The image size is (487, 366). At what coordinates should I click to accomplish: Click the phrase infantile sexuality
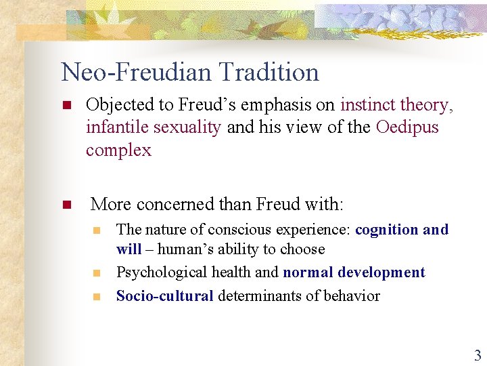click(154, 127)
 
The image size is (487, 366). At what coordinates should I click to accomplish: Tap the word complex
click(119, 150)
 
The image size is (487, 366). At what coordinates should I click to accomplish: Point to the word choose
click(302, 249)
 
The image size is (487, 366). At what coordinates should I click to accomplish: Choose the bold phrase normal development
click(354, 272)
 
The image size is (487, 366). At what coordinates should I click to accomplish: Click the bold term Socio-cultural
click(164, 296)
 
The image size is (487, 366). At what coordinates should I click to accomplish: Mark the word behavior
click(350, 296)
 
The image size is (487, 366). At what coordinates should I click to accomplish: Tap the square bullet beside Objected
click(66, 106)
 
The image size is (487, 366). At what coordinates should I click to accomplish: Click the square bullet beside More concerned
click(66, 205)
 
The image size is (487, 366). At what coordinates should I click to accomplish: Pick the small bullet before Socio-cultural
click(97, 296)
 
